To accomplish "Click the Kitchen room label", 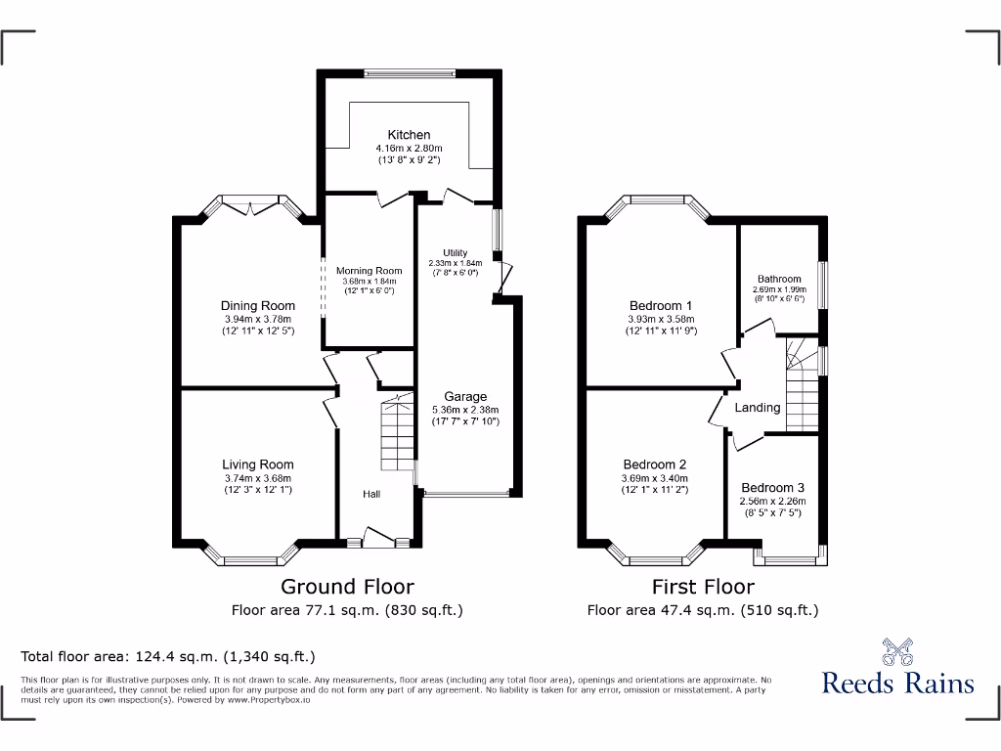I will click(409, 135).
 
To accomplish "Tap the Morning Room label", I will click(370, 271).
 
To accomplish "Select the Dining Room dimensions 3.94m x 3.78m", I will click(257, 319).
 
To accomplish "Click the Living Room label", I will click(257, 464).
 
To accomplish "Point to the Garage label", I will click(465, 397).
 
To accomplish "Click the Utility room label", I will click(456, 253).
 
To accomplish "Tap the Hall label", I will click(371, 495).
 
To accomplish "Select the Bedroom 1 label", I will click(661, 305).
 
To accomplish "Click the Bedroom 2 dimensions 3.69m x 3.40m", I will click(655, 478).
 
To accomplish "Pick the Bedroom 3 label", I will click(773, 488).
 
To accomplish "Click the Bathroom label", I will click(778, 279).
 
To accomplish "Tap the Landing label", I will click(758, 408).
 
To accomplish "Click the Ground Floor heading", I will click(347, 587).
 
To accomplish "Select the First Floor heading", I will click(703, 587).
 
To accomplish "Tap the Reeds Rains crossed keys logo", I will click(897, 652).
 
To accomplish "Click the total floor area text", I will click(168, 656).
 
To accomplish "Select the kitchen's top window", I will click(409, 71).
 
